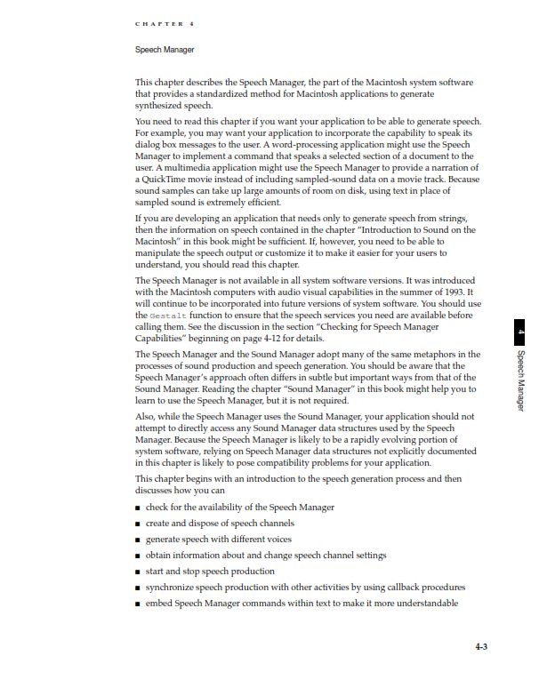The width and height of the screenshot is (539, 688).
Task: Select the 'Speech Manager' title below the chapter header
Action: (164, 50)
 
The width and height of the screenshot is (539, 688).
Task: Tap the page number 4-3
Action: (480, 647)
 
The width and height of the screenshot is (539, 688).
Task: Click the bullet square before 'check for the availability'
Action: (138, 508)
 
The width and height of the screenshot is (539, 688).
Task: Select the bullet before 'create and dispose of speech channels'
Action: (138, 524)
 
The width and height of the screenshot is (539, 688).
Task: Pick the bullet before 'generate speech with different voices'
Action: (138, 540)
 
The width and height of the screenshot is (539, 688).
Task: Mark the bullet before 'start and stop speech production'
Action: (138, 572)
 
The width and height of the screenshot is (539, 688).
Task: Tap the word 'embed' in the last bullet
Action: (160, 603)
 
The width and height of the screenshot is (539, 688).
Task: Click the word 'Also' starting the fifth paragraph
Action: (146, 415)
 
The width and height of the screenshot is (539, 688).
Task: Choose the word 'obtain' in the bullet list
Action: (161, 555)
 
